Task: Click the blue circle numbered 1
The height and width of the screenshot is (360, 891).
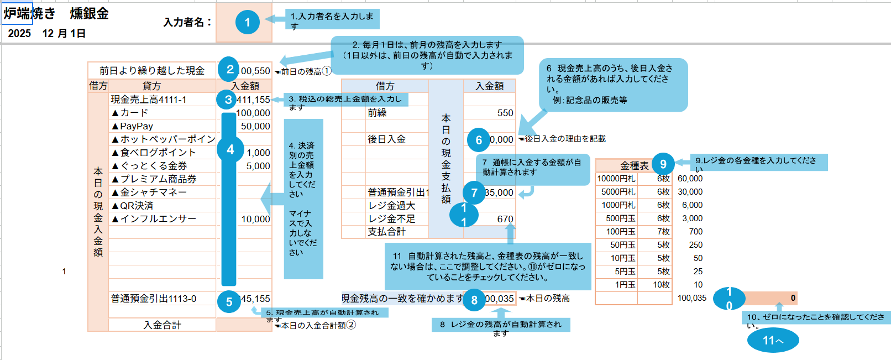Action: pos(247,22)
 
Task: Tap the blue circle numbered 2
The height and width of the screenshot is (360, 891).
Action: pos(229,70)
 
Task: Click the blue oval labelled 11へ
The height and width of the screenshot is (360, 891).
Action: pos(773,340)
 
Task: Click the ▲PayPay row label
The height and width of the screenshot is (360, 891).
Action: pos(137,126)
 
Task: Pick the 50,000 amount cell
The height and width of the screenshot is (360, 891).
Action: pos(255,126)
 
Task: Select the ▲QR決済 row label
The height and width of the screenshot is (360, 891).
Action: pos(133,206)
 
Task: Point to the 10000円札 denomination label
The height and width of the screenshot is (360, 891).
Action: pos(616,179)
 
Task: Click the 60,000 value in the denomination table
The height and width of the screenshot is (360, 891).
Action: pos(690,179)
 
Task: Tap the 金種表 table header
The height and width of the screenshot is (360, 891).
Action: pos(634,165)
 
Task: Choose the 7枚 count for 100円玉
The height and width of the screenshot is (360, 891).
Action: pos(663,232)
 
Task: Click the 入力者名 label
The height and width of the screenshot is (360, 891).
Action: pos(187,22)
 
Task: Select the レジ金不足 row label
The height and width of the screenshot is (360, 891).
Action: pos(391,219)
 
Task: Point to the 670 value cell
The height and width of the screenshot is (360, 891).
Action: pos(505,219)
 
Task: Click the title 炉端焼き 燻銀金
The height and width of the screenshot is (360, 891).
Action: pos(56,13)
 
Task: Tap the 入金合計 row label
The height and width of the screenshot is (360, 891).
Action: pos(162,325)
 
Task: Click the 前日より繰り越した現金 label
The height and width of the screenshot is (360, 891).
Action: pos(151,70)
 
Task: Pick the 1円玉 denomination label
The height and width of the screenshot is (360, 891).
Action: pos(625,285)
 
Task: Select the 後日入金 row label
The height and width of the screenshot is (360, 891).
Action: pos(386,139)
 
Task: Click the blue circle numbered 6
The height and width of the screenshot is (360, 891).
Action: pos(478,140)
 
